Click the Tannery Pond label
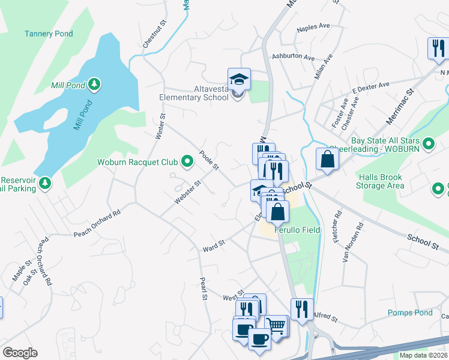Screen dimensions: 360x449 tap(49, 34)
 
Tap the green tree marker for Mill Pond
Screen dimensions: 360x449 tap(94, 85)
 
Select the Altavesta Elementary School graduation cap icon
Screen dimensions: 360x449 tap(238, 79)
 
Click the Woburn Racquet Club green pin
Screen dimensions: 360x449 tap(187, 161)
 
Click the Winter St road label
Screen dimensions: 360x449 tap(160, 127)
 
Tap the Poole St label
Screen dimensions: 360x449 tap(209, 160)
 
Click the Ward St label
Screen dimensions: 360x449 tap(213, 245)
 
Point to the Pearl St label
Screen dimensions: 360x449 tap(203, 288)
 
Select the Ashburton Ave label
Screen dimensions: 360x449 tap(293, 58)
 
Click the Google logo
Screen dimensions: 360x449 tap(20, 353)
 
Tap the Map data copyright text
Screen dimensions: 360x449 tap(423, 355)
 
